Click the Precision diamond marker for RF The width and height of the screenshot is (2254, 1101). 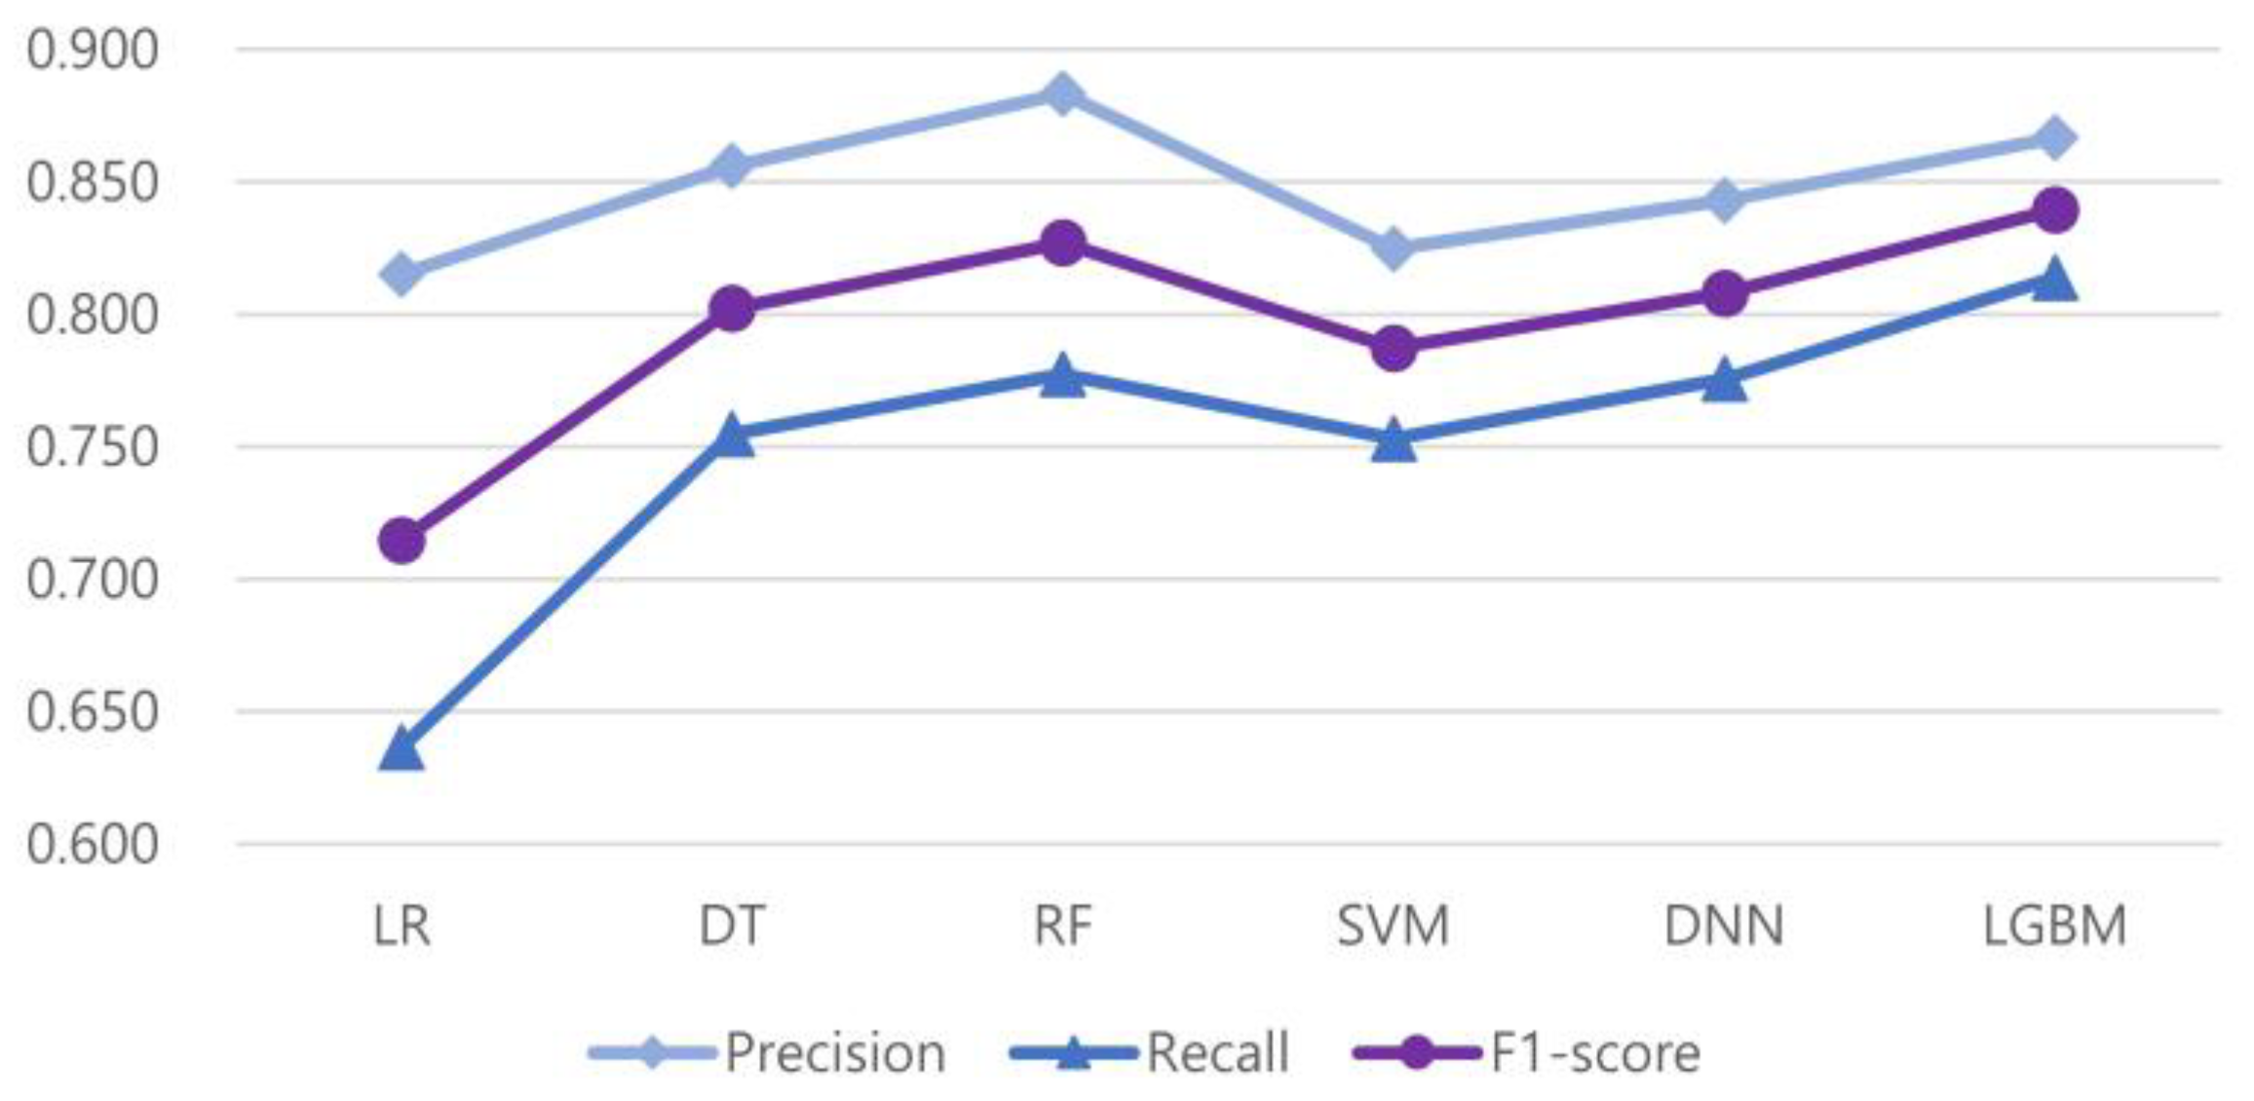click(x=1062, y=95)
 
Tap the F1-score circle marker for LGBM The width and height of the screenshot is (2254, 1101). click(x=2055, y=210)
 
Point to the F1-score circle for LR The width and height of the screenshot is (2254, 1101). click(x=401, y=540)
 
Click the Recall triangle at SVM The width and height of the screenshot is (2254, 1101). click(x=1394, y=441)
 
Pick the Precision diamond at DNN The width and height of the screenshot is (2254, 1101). click(x=1724, y=201)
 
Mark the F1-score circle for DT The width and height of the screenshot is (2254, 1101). click(x=732, y=310)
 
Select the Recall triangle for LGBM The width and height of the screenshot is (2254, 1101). click(x=2055, y=281)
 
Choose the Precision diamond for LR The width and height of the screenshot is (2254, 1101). click(x=401, y=274)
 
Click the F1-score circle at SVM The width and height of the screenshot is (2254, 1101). click(x=1394, y=348)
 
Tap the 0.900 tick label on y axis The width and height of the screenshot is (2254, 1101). click(x=92, y=50)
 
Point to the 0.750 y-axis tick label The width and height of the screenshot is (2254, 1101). click(x=92, y=448)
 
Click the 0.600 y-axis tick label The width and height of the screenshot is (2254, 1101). click(x=92, y=845)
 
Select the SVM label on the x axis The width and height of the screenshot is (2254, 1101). click(x=1394, y=926)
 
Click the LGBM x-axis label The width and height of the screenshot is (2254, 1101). click(x=2055, y=926)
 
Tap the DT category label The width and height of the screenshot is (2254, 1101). click(x=732, y=926)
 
